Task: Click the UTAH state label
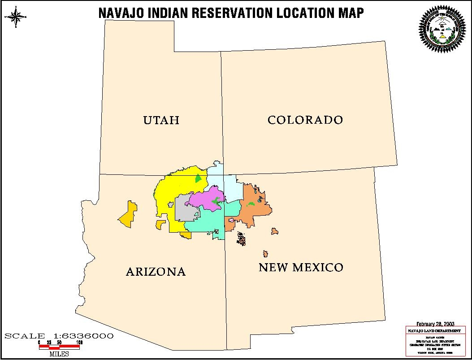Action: pos(161,120)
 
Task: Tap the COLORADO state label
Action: pos(305,120)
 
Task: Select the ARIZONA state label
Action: pos(156,272)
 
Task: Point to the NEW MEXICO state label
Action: pos(301,268)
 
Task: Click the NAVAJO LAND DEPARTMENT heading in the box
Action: pos(433,330)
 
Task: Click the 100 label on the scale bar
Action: pos(79,343)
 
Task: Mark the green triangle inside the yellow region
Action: pos(198,178)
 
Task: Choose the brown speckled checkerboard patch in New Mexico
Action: pos(242,239)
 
